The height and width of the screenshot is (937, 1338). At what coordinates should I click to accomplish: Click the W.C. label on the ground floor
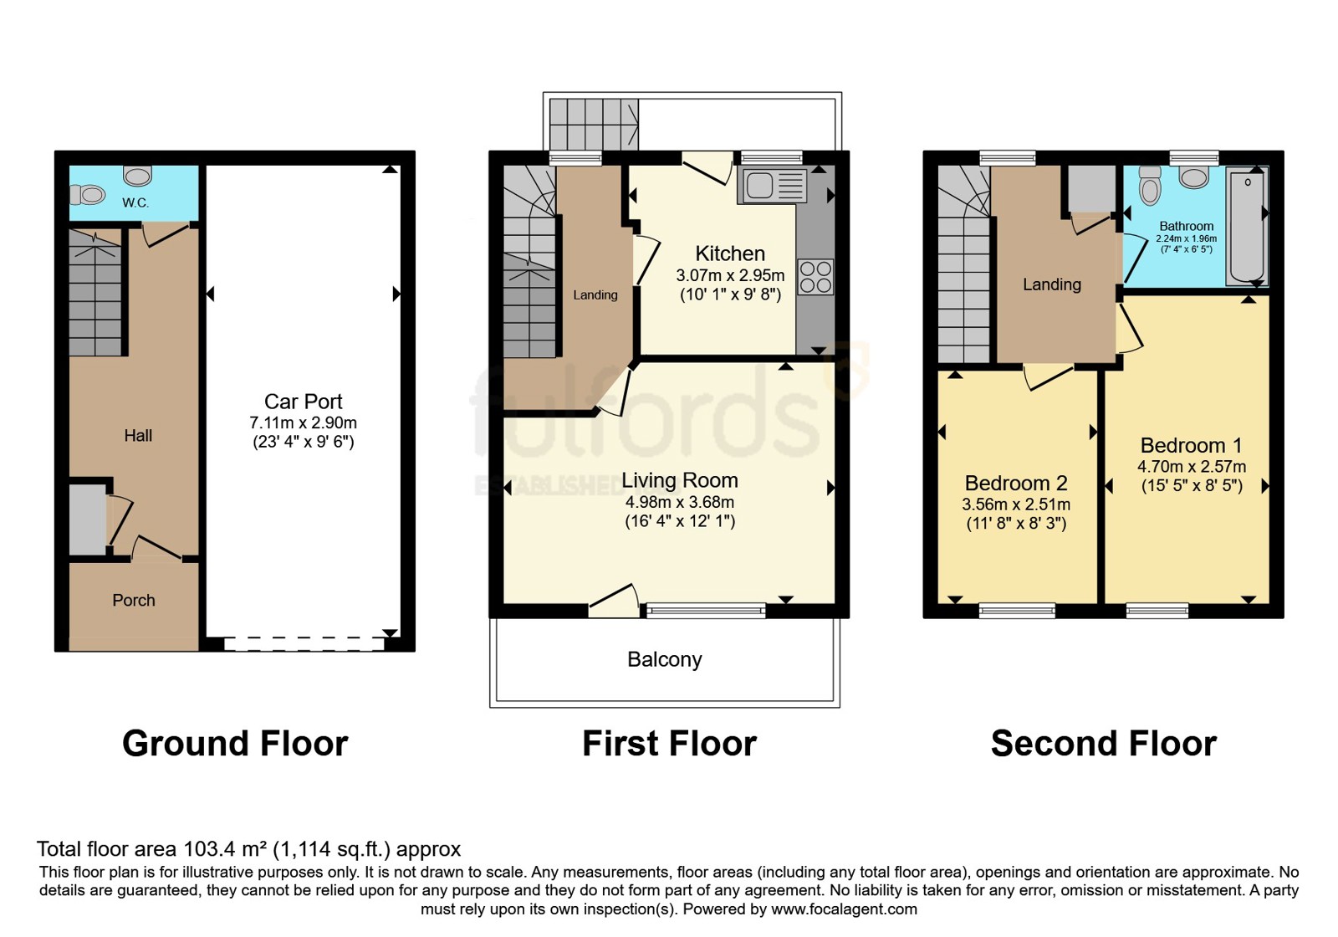(135, 202)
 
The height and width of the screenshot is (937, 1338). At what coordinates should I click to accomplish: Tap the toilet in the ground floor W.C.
(87, 195)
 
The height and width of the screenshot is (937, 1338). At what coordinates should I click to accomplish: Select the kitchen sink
(773, 185)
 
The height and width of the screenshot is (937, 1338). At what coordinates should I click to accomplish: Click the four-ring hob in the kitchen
(816, 277)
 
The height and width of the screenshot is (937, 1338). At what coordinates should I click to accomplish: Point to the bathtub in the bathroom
(1247, 227)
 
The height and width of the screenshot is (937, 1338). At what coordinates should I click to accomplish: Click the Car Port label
(303, 401)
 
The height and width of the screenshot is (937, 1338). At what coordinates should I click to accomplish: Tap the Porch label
(134, 600)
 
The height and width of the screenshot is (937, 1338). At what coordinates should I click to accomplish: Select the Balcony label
(664, 660)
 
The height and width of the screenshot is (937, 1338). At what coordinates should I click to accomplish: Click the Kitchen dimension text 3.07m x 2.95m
(730, 275)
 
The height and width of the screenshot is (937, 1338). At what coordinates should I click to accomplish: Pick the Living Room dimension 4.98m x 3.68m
(680, 502)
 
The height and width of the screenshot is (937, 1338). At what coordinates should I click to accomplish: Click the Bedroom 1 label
(1191, 445)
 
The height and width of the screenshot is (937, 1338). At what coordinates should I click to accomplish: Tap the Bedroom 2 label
(1016, 483)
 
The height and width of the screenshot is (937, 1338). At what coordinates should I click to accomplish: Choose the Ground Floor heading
(235, 744)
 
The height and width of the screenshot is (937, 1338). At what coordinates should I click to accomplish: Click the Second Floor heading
(1103, 744)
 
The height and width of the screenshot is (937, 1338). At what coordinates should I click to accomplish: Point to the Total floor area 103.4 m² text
(248, 849)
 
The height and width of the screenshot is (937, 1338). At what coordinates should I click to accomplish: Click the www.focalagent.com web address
(844, 909)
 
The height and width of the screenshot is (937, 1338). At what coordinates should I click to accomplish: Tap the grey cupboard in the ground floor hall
(87, 520)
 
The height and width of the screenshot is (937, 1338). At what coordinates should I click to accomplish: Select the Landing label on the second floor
(1052, 284)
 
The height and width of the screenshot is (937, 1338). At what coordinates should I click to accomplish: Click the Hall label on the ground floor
(138, 436)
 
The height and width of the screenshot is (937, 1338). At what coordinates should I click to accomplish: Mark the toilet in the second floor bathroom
(1150, 186)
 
